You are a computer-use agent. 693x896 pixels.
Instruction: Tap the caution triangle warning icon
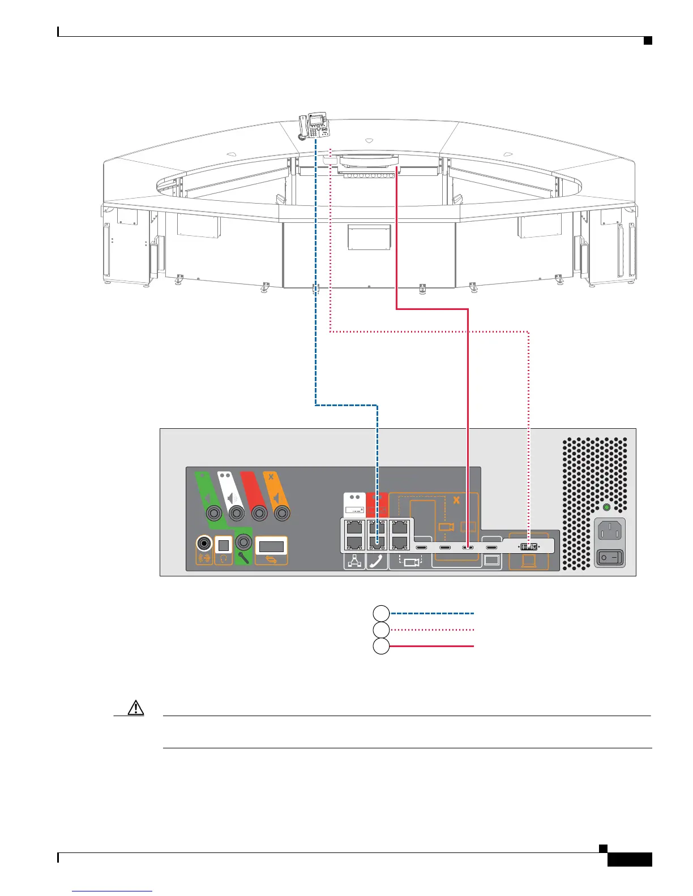(136, 708)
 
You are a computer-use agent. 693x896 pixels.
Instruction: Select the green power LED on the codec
(606, 507)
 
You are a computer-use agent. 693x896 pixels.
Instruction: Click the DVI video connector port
(529, 547)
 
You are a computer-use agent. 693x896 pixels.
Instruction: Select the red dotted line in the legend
(432, 630)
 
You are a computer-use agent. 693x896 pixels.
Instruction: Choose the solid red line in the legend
(432, 646)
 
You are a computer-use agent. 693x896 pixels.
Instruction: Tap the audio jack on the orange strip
(282, 514)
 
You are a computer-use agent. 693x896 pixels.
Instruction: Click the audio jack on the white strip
(236, 514)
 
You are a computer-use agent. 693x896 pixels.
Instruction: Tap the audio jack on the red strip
(259, 514)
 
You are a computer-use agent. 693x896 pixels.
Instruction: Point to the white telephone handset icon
(377, 562)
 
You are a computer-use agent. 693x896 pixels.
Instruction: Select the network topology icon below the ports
(354, 562)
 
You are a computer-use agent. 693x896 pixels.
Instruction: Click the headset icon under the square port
(223, 558)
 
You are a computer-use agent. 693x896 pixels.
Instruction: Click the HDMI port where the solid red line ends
(468, 548)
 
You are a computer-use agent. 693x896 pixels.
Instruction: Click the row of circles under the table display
(369, 175)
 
